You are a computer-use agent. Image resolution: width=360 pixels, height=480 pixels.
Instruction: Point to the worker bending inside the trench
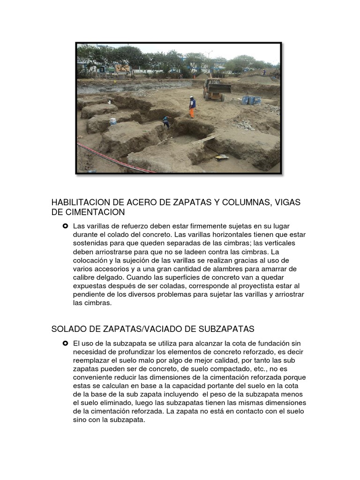166,122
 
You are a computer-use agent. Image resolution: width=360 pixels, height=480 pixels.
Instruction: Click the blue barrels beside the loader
251,100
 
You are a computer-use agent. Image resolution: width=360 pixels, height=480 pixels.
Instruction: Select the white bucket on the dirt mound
112,121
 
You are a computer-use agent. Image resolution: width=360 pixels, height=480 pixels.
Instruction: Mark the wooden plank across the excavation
206,138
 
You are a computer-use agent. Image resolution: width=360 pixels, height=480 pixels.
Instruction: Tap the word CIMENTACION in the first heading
88,212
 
